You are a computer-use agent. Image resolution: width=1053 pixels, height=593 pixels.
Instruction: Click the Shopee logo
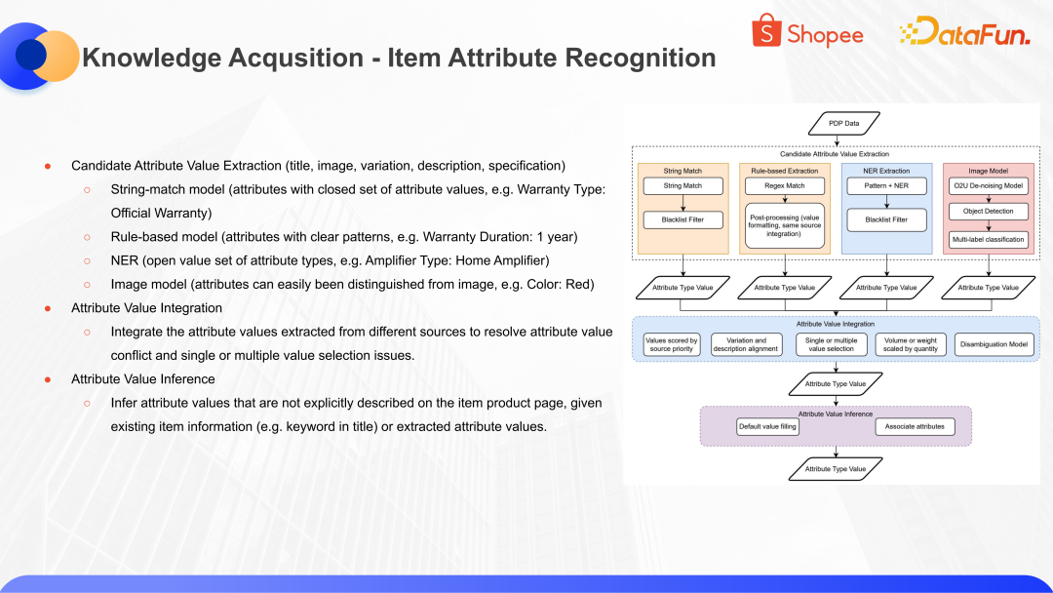[x=807, y=33]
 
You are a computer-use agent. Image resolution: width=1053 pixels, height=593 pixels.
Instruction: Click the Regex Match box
[x=784, y=185]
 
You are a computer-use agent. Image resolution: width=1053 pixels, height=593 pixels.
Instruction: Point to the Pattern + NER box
[x=886, y=185]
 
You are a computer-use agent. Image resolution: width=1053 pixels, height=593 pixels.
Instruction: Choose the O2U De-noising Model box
[x=988, y=185]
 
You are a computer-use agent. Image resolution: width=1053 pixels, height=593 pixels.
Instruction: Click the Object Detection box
[x=988, y=212]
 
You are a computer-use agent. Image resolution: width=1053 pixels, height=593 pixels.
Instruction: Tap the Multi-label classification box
[x=988, y=239]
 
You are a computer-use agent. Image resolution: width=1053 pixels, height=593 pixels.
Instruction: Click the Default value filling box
[x=767, y=426]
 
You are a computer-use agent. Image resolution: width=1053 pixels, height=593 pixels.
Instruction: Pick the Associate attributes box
[x=914, y=426]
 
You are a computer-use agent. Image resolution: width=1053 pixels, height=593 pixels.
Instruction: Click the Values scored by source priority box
[x=672, y=344]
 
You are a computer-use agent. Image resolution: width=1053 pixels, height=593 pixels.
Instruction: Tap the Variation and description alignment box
[x=746, y=344]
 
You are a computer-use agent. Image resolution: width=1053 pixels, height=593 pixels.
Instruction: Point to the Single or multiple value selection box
[x=831, y=344]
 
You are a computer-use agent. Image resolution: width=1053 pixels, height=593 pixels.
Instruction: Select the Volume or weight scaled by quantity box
[x=911, y=344]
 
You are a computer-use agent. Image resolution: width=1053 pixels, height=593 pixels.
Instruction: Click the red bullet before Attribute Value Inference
[x=47, y=379]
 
